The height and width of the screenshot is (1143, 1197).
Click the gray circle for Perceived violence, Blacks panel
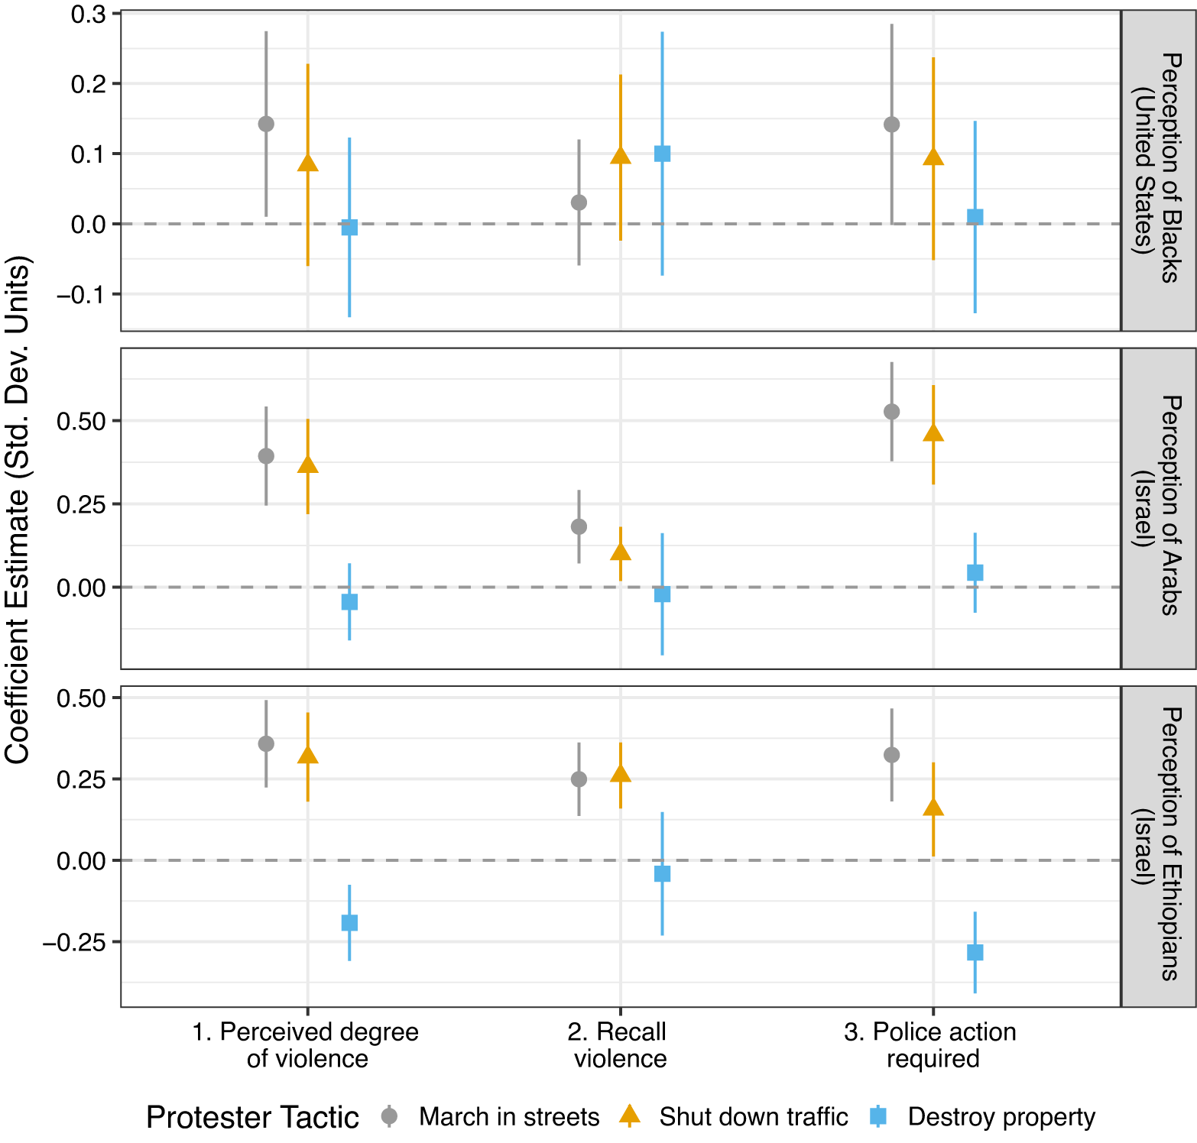coord(266,124)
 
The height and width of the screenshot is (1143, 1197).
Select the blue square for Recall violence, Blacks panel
coord(662,154)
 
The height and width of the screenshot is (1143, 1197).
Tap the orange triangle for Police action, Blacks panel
coord(933,157)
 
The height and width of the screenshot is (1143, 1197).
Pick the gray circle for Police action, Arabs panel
coord(891,412)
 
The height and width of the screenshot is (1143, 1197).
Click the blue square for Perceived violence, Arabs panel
coord(349,602)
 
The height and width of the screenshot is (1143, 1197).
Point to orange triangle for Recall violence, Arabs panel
coord(621,552)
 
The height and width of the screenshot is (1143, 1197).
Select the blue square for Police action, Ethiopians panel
coord(975,952)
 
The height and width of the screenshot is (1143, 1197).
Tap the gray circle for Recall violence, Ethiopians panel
coord(579,779)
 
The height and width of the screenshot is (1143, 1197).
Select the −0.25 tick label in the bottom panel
coord(75,942)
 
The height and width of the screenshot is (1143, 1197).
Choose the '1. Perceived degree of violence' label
coord(307,1045)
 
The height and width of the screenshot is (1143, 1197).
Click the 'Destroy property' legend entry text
coord(1001,1117)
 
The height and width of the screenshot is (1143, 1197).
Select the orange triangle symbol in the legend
coord(630,1116)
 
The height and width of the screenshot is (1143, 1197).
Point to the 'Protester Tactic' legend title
coord(252,1117)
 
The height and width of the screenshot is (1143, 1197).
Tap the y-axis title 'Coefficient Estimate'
coord(17,510)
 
